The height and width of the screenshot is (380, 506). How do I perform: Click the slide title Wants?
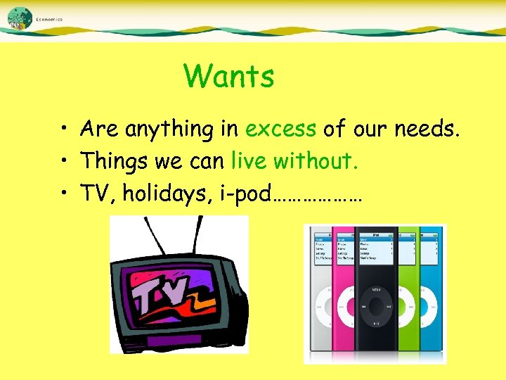pos(228,76)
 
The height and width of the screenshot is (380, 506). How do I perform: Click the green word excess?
pos(280,129)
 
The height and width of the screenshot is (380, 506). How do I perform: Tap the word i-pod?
pos(239,193)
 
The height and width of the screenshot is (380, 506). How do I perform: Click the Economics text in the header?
pos(49,20)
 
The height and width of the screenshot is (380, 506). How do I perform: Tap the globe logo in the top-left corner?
pos(20,18)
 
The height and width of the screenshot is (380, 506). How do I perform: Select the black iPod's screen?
pos(376,248)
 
